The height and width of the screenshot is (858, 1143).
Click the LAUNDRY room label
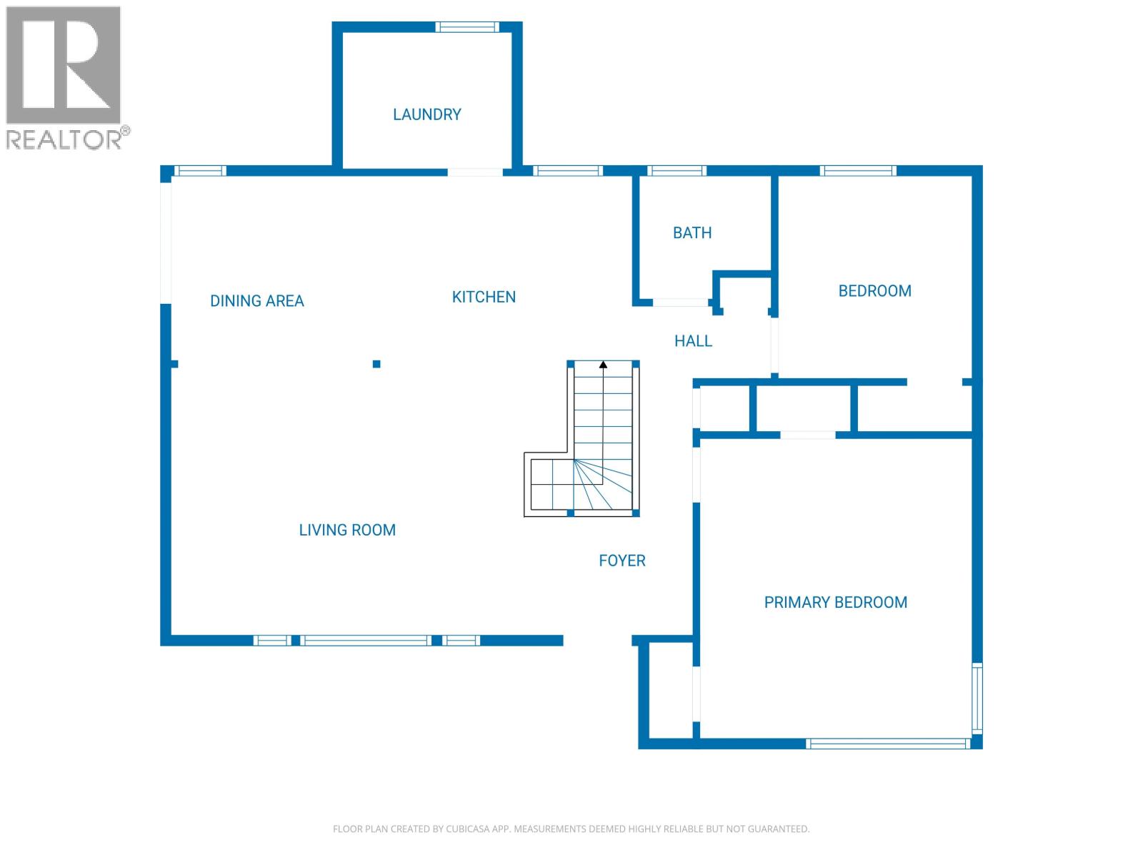(426, 114)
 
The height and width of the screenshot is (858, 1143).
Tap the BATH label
(692, 233)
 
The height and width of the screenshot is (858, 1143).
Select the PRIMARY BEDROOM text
(835, 603)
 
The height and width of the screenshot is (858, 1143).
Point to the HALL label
(693, 341)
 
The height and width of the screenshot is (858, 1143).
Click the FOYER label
(622, 561)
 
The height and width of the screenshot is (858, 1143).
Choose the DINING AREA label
(256, 301)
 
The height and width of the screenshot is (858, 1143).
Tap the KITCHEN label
(484, 297)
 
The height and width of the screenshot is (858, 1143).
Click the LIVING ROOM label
(347, 531)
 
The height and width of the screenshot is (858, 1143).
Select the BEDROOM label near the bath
(874, 291)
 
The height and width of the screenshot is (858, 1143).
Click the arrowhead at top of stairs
(603, 365)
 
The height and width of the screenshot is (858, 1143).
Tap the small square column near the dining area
(376, 364)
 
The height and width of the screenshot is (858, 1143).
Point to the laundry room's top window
(467, 27)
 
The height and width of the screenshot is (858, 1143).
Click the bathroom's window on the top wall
(677, 171)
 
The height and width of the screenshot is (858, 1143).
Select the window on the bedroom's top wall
(857, 171)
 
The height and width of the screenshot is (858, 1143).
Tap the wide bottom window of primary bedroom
(887, 744)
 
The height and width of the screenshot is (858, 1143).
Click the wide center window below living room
(366, 641)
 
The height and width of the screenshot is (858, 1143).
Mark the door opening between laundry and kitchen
(475, 172)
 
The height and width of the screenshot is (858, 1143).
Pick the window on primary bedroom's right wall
(977, 698)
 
